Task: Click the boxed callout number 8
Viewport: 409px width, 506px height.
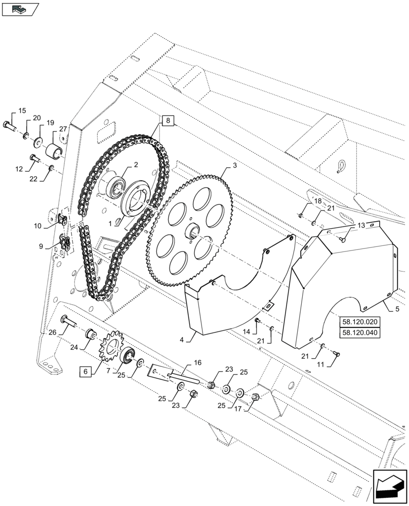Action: click(x=169, y=120)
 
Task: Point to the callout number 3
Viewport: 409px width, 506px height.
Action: click(x=234, y=165)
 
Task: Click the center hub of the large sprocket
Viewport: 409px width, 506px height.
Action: click(x=194, y=233)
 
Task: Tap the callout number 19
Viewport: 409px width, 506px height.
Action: click(x=50, y=123)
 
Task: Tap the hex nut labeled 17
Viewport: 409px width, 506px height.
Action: click(x=255, y=397)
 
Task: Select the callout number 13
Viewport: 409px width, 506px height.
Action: click(x=360, y=225)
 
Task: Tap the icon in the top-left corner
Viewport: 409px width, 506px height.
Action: click(x=20, y=8)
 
